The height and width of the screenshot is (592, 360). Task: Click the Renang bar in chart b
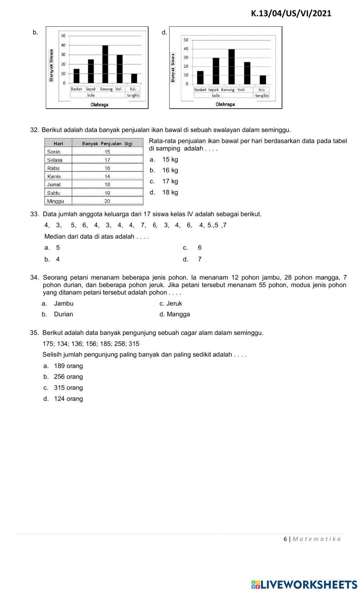pyautogui.click(x=105, y=64)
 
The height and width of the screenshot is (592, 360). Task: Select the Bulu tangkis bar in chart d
pyautogui.click(x=263, y=80)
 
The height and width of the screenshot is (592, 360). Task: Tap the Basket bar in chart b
pyautogui.click(x=76, y=76)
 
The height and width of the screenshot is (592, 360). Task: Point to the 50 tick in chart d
pyautogui.click(x=186, y=40)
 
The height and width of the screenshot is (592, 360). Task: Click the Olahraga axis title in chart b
pyautogui.click(x=99, y=104)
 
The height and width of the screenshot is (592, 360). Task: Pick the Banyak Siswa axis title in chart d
pyautogui.click(x=173, y=67)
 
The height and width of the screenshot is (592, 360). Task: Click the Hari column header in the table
pyautogui.click(x=58, y=143)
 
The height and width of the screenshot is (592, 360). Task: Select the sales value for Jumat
pyautogui.click(x=107, y=184)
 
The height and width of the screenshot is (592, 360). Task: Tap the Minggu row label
pyautogui.click(x=55, y=201)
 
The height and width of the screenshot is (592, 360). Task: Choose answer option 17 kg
pyautogui.click(x=170, y=181)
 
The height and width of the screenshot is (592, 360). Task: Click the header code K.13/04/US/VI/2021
pyautogui.click(x=291, y=14)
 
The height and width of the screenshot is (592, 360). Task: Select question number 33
pyautogui.click(x=34, y=214)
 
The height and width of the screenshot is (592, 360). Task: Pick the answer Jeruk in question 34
pyautogui.click(x=174, y=303)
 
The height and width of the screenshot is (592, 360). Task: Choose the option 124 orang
pyautogui.click(x=68, y=399)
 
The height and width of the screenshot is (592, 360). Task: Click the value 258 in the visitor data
pyautogui.click(x=120, y=344)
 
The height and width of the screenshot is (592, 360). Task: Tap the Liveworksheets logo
pyautogui.click(x=304, y=584)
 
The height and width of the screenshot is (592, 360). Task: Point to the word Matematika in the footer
pyautogui.click(x=316, y=539)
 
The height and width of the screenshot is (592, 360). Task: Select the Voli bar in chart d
pyautogui.click(x=247, y=73)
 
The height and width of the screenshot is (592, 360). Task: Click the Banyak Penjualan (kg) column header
pyautogui.click(x=107, y=143)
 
